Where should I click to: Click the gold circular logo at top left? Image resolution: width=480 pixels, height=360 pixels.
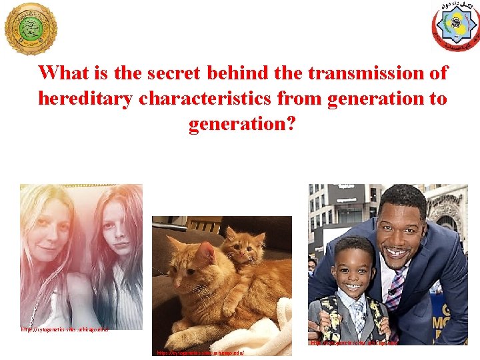pyautogui.click(x=31, y=29)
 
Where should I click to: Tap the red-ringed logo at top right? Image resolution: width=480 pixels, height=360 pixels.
pyautogui.click(x=455, y=27)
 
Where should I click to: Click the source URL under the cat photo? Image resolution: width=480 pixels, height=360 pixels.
pyautogui.click(x=201, y=352)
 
